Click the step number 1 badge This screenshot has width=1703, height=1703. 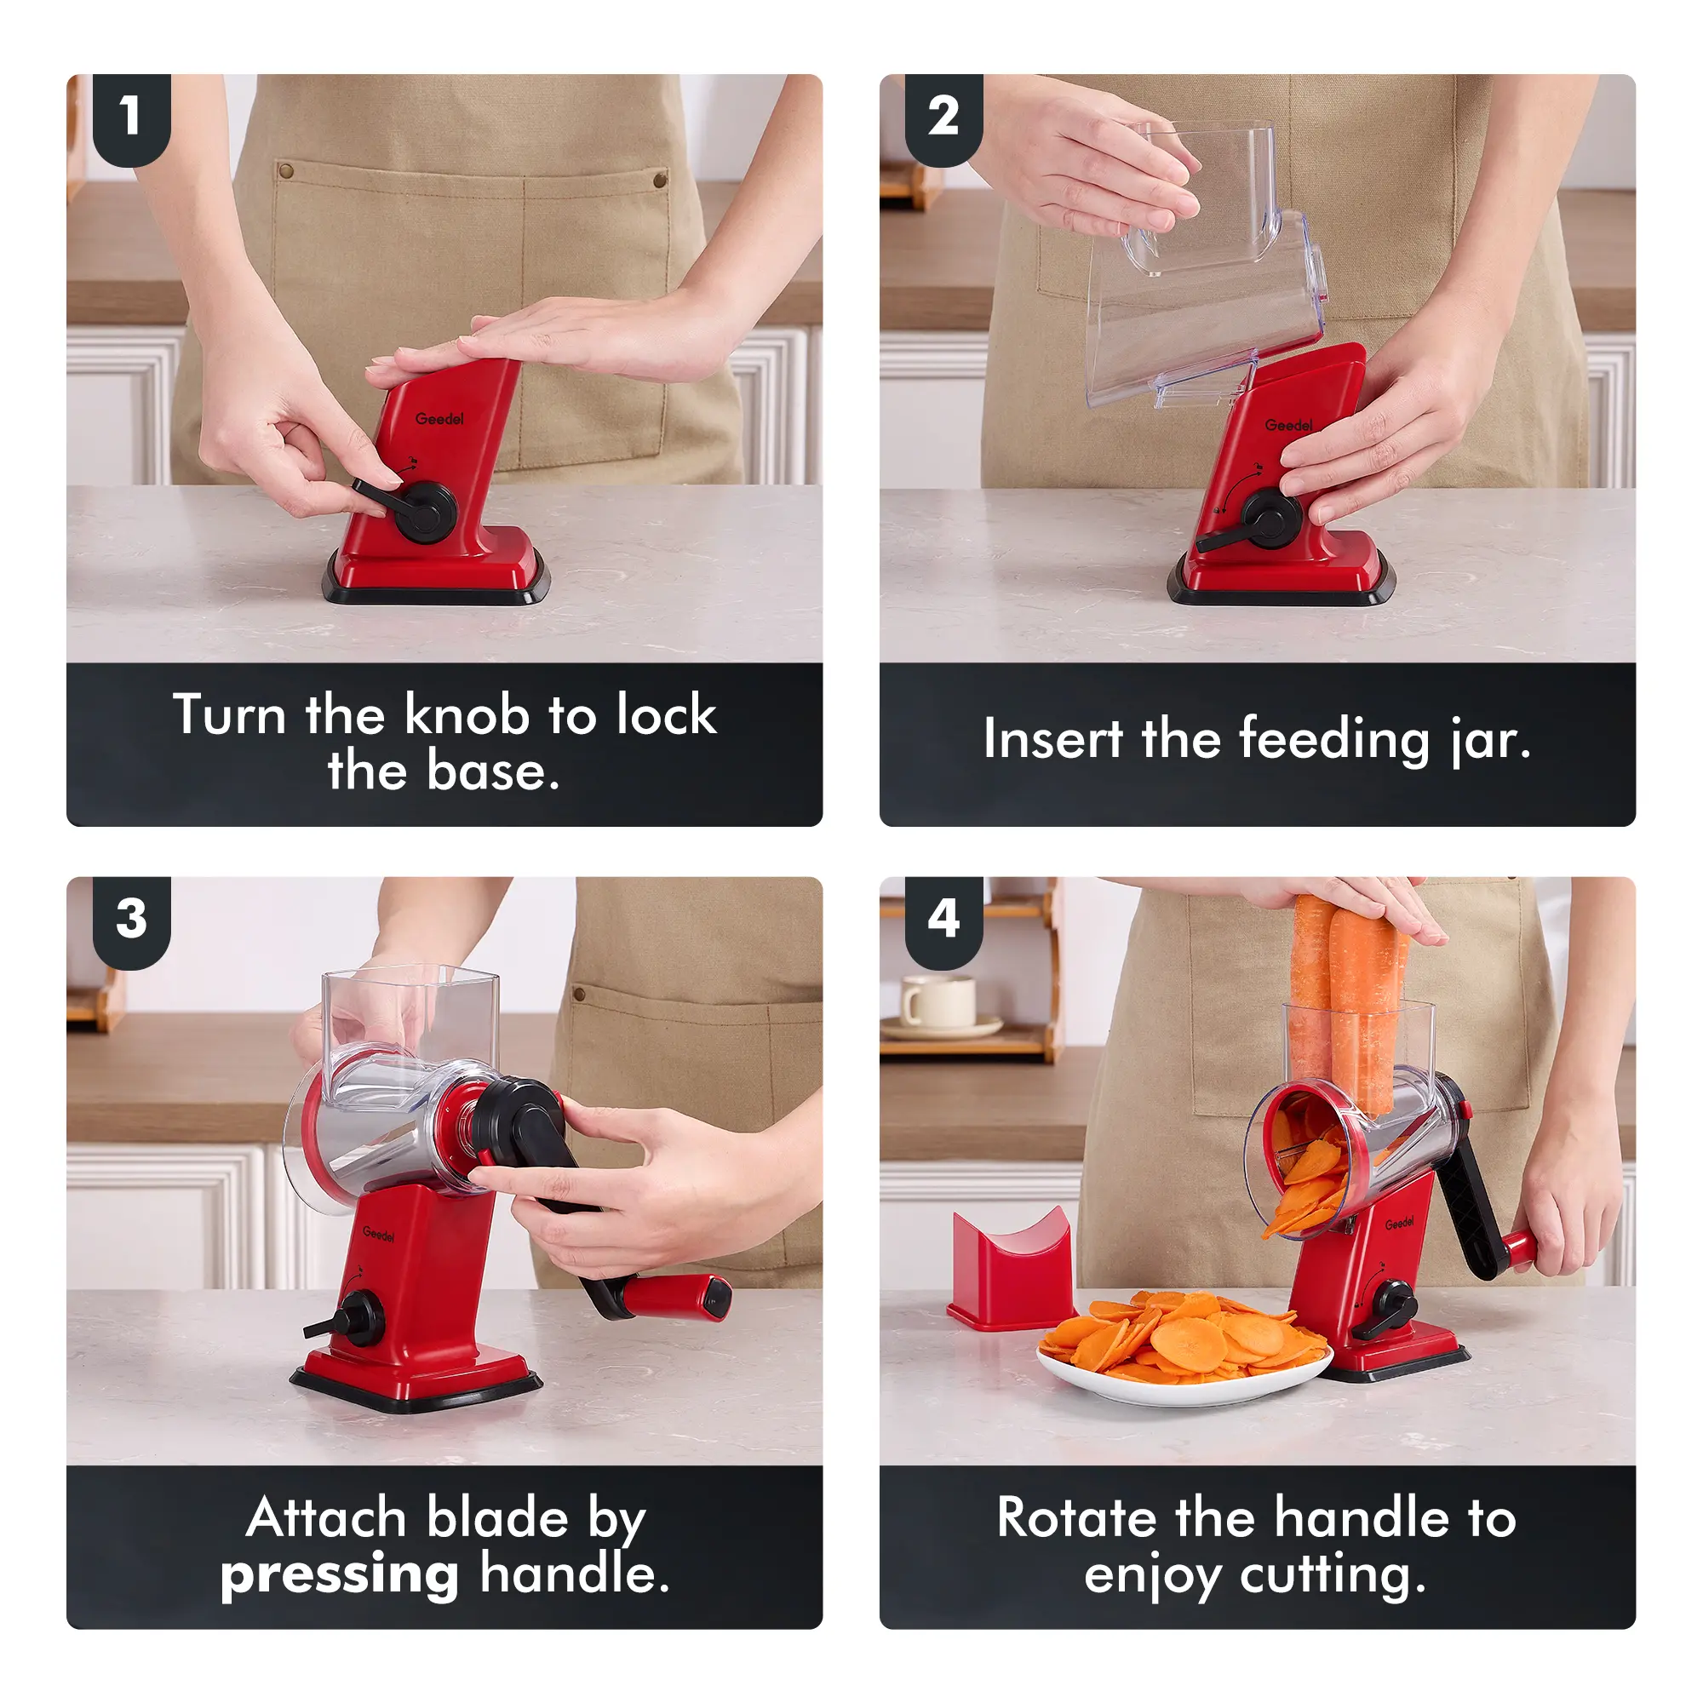pyautogui.click(x=131, y=118)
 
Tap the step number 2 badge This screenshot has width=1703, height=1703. pyautogui.click(x=943, y=118)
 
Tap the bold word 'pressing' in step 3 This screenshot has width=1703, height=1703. pyautogui.click(x=340, y=1575)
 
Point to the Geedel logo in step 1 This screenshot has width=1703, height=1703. pyautogui.click(x=439, y=418)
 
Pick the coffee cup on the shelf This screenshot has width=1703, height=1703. pyautogui.click(x=936, y=1002)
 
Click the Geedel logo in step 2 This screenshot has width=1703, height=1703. pyautogui.click(x=1288, y=425)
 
